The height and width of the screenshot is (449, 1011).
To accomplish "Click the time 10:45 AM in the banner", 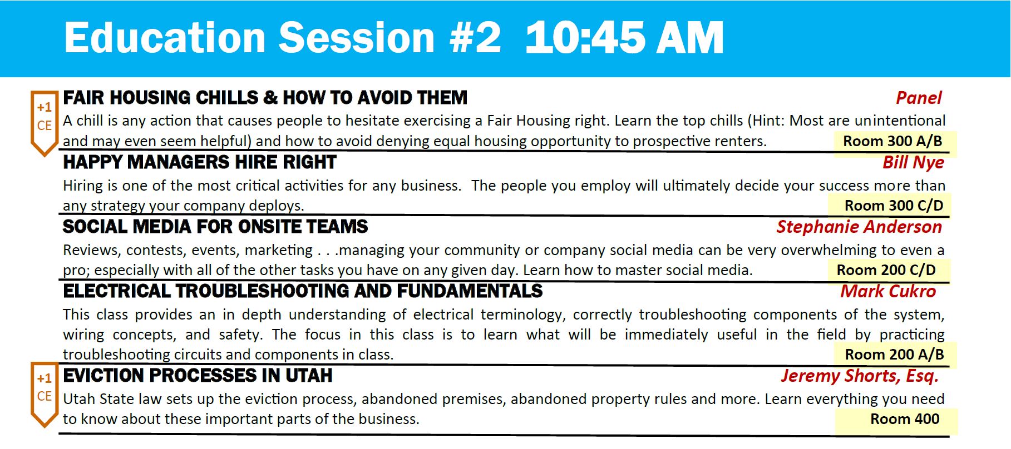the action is [x=624, y=38].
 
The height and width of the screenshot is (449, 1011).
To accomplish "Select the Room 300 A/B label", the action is [x=892, y=141].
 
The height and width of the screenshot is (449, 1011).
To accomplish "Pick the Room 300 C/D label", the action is [x=894, y=206].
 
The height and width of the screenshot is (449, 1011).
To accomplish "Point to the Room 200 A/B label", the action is [x=894, y=355].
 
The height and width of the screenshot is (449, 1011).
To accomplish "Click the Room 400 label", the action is [x=905, y=419].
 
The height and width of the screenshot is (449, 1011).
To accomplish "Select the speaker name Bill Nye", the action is [x=913, y=162].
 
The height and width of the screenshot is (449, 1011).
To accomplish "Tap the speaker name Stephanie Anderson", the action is [x=859, y=227].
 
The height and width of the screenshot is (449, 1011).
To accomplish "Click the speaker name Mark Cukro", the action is [x=888, y=291].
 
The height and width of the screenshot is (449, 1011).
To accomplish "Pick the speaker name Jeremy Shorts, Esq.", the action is [x=860, y=376].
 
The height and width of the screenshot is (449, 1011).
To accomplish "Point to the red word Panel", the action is [x=919, y=98].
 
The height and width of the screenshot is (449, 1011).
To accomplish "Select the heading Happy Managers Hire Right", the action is [x=200, y=162].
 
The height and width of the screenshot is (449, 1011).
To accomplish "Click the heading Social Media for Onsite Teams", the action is [x=215, y=227].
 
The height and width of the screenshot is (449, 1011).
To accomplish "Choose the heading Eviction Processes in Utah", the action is [x=198, y=376].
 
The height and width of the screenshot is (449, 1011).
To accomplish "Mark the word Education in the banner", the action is [x=165, y=38].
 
